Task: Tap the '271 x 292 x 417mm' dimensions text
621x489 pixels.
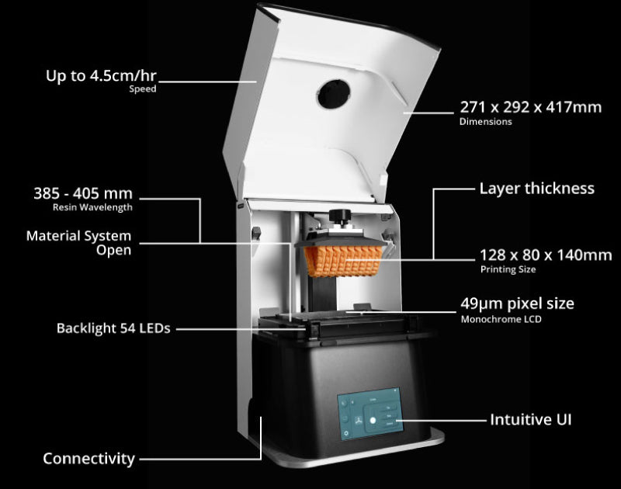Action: tap(530, 108)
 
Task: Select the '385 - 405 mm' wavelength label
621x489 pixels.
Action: tap(82, 193)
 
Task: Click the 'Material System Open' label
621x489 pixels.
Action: tap(78, 242)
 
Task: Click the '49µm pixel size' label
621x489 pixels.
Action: tap(518, 303)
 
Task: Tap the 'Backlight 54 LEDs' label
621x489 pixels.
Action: tap(113, 328)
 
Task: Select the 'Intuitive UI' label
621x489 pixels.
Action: tap(531, 419)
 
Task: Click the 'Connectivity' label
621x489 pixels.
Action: tap(88, 459)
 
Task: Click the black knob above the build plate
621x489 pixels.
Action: tap(338, 216)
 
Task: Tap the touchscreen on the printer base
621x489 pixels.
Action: tap(372, 418)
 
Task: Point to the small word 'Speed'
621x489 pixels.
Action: tap(143, 89)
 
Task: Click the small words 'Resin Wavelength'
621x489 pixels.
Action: tap(92, 208)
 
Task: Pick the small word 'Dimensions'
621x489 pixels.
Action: tap(485, 122)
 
